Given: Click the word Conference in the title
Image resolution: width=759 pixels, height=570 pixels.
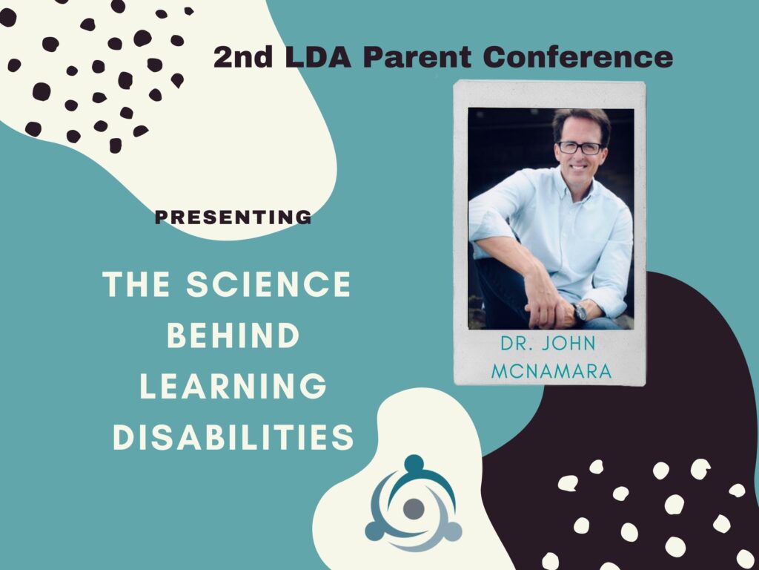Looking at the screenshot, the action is (x=578, y=56).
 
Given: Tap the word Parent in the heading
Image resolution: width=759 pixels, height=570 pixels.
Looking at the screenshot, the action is (x=417, y=57).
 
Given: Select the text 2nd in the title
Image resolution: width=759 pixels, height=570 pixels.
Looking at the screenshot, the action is (x=243, y=57).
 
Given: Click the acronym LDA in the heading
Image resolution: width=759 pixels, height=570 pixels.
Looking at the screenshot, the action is (x=318, y=57).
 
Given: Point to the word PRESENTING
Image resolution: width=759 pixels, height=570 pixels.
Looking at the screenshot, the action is (x=233, y=217).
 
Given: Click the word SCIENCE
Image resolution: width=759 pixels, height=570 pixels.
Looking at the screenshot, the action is (x=268, y=284).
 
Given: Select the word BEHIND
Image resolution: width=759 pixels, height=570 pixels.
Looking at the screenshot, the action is (x=233, y=335).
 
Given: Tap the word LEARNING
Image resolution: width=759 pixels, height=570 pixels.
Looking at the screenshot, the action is (x=233, y=386).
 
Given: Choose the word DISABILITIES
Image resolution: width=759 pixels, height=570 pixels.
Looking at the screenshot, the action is (x=233, y=437).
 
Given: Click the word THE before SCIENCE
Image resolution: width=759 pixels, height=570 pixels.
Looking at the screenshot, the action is (x=136, y=284).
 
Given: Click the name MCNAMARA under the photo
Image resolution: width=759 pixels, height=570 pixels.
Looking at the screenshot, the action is (x=551, y=371).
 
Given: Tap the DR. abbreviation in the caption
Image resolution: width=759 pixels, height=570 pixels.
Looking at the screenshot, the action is (x=517, y=344).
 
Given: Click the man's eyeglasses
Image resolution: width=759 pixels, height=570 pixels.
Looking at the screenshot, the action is (x=580, y=148).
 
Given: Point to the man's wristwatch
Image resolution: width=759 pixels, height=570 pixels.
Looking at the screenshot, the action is (x=580, y=312).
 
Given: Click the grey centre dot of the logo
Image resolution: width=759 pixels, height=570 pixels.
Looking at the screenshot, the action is (x=414, y=509).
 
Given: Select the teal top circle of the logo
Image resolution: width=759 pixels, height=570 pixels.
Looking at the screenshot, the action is (x=414, y=464).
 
